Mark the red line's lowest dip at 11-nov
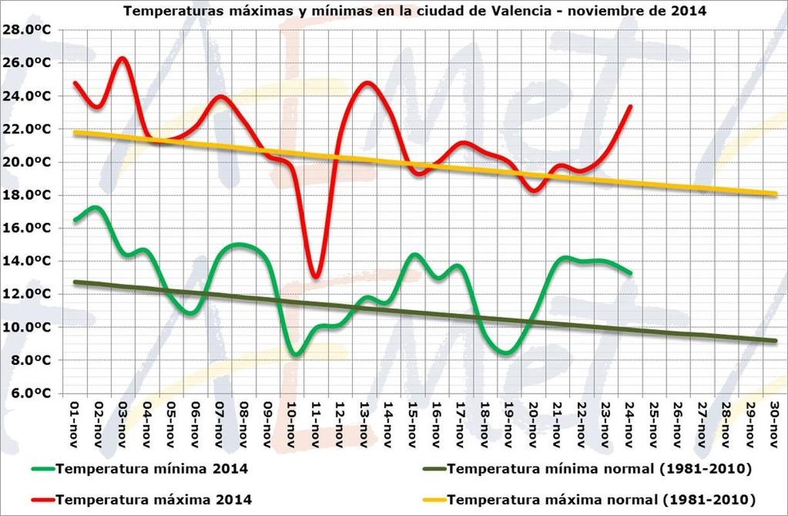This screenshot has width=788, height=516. point(316,276)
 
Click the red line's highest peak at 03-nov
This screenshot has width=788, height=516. point(123,59)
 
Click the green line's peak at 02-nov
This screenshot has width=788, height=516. point(96,208)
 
